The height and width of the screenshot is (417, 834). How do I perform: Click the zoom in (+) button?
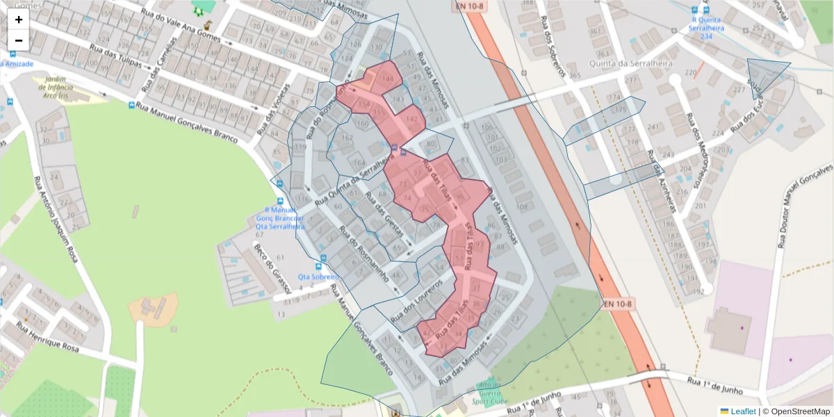[19, 19]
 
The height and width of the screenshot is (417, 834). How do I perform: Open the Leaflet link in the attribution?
[743, 411]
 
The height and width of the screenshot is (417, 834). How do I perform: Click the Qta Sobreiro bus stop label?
[318, 277]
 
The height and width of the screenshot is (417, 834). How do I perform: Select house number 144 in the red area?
[388, 78]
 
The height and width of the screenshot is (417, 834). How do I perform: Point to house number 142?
[412, 120]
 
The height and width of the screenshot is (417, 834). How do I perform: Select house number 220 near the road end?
[691, 73]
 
